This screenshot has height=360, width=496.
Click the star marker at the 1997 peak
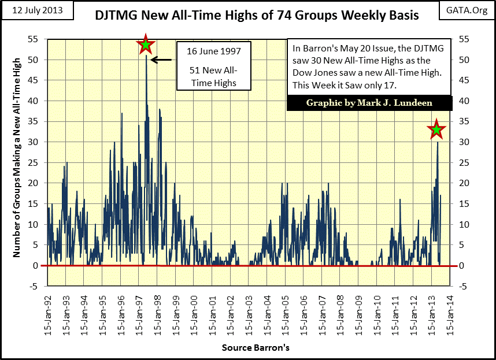pos(146,44)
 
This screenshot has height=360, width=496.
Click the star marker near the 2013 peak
pos(436,130)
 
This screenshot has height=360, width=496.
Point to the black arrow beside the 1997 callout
pos(161,60)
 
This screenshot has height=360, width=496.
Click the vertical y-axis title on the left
pos(17,156)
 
